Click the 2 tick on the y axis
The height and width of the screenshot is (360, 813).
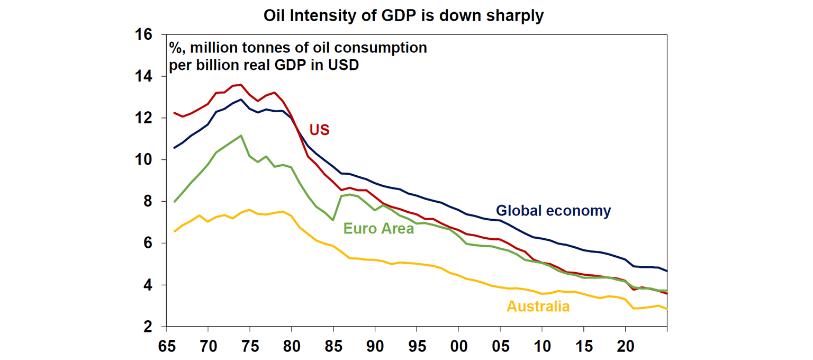click(149, 327)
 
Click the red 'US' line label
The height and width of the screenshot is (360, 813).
click(319, 130)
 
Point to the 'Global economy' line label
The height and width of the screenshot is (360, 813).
click(553, 211)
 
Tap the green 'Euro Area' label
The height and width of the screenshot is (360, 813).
click(378, 229)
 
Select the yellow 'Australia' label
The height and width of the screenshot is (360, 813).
click(538, 306)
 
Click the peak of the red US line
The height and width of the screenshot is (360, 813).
click(241, 85)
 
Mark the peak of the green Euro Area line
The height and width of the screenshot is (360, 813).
click(241, 136)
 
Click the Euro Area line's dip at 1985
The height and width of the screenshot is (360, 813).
click(333, 220)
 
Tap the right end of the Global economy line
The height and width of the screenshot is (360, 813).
click(666, 271)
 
